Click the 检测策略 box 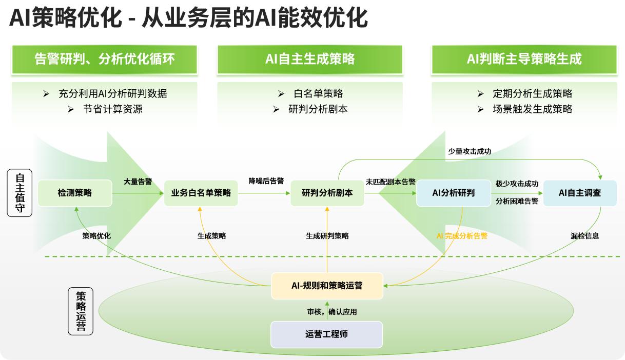point(75,193)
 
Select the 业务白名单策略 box point(201,193)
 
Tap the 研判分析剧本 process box point(327,193)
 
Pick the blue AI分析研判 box point(454,193)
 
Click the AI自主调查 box point(580,193)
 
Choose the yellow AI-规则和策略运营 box point(327,286)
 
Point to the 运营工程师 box point(326,334)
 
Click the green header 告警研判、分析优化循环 point(105,59)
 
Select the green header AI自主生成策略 point(310,59)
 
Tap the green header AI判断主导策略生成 point(524,59)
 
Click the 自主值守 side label point(20,193)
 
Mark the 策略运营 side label point(81,311)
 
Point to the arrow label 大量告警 point(138,182)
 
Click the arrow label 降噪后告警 point(266,181)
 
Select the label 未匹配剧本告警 point(390,182)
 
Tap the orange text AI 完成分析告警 point(462,236)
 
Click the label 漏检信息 point(584,236)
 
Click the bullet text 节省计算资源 point(113,109)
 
